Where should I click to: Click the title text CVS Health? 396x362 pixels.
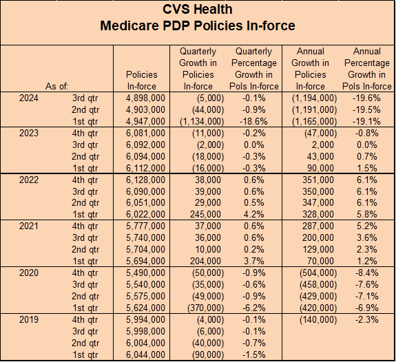click(x=198, y=10)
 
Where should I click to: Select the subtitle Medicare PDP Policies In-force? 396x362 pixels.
click(x=198, y=25)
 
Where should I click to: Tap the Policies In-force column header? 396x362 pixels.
click(x=142, y=81)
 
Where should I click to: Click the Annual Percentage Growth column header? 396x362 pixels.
click(x=366, y=69)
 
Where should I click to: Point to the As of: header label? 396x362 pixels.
click(x=57, y=86)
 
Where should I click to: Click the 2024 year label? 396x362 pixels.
click(x=29, y=98)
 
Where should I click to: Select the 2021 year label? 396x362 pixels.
click(x=29, y=226)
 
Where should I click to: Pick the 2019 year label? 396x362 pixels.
click(x=29, y=319)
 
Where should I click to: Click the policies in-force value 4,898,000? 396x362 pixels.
click(x=145, y=98)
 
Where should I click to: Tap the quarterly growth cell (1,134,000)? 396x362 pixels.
click(x=202, y=121)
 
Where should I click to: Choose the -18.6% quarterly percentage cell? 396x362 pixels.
click(x=253, y=121)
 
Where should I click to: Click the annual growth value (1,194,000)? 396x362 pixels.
click(x=315, y=98)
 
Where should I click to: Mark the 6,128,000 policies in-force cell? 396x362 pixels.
click(x=145, y=180)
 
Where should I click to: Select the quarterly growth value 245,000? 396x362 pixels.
click(x=205, y=214)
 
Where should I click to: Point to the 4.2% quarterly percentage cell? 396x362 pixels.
click(x=254, y=214)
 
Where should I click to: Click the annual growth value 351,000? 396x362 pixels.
click(x=318, y=180)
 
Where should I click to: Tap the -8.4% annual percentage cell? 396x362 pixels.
click(x=366, y=273)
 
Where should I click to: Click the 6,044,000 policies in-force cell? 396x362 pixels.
click(x=145, y=354)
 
